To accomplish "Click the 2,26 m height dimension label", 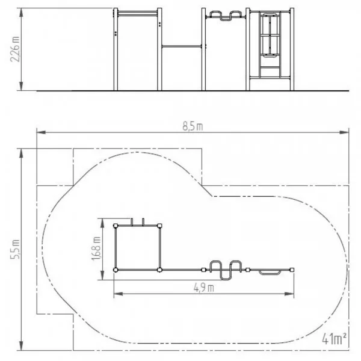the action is coord(14,49).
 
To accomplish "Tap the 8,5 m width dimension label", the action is coord(193,126).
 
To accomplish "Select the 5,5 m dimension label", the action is coord(14,249).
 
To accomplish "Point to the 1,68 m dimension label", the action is coord(96,248).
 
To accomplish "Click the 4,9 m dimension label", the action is coord(204,288).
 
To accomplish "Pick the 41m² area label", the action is coord(334,339).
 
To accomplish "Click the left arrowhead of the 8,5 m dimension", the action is coord(42,132).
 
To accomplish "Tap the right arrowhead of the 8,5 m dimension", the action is coord(344,132).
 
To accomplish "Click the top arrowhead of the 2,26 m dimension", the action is coord(21,13).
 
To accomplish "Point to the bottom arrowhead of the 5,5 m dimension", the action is coord(21,346).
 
